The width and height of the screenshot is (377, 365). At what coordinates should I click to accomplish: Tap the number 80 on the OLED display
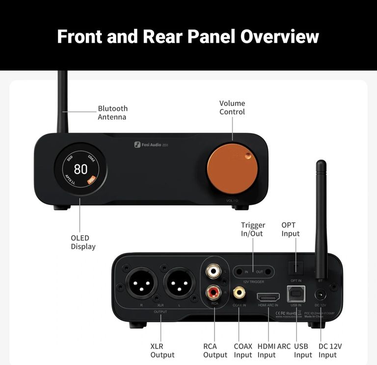pyautogui.click(x=81, y=170)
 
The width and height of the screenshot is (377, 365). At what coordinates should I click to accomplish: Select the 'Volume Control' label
pyautogui.click(x=232, y=107)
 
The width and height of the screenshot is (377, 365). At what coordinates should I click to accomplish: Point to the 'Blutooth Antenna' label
pyautogui.click(x=112, y=112)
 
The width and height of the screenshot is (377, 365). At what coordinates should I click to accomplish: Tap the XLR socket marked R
pyautogui.click(x=142, y=284)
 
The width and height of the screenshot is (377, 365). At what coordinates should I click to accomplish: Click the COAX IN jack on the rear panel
pyautogui.click(x=240, y=293)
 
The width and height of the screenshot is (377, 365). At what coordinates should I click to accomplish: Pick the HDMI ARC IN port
pyautogui.click(x=268, y=297)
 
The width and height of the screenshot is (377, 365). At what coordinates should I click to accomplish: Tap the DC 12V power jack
pyautogui.click(x=321, y=295)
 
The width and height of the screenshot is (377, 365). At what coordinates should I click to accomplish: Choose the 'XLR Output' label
pyautogui.click(x=162, y=350)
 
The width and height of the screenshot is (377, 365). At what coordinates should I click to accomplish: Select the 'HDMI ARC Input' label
pyautogui.click(x=267, y=350)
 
